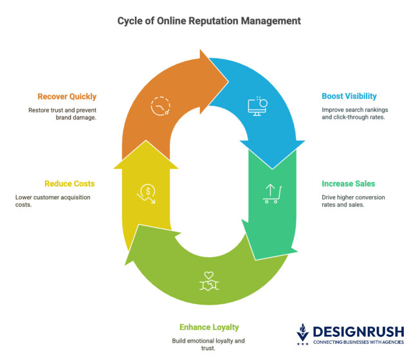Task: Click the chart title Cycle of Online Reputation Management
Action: (x=209, y=21)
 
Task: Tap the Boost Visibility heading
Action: (x=349, y=96)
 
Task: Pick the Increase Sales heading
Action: (x=348, y=184)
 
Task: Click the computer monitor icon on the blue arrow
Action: (x=257, y=106)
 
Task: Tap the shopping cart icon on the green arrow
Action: (x=271, y=193)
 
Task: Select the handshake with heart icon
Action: (x=209, y=280)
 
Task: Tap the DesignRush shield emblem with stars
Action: (x=302, y=334)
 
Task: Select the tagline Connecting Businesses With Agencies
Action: (x=358, y=342)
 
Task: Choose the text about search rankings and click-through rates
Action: (x=354, y=114)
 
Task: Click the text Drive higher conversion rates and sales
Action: (x=353, y=201)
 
